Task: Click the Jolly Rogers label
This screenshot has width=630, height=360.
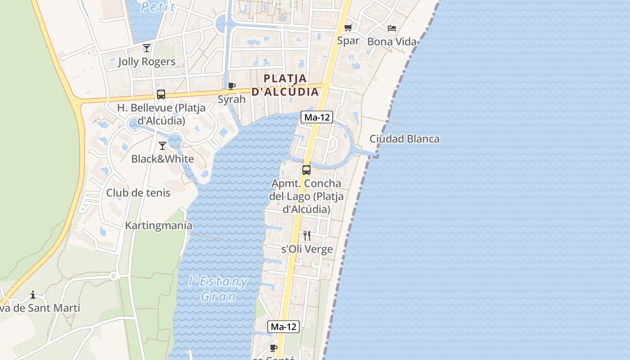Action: [147, 62]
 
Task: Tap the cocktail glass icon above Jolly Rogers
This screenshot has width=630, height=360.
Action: [147, 48]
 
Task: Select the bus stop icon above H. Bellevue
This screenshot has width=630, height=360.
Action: [161, 94]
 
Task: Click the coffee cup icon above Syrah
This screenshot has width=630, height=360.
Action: [232, 86]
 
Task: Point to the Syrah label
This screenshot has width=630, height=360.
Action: [232, 99]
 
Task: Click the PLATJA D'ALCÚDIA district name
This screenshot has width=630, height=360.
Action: [285, 85]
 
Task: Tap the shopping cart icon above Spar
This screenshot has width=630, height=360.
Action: [348, 28]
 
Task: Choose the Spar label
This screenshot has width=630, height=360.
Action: [348, 40]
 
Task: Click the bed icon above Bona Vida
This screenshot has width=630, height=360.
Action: [392, 28]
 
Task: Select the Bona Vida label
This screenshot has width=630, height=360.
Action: [392, 42]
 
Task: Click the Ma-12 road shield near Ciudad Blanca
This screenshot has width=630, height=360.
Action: [317, 117]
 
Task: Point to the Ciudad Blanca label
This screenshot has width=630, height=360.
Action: [405, 139]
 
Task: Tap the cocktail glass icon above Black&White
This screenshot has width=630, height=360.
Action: [162, 146]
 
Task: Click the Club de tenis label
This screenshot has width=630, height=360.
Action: [138, 193]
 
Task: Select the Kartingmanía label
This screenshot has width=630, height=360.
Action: [159, 225]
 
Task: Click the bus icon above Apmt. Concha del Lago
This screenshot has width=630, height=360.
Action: [306, 170]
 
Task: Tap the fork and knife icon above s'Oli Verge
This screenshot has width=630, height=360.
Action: [307, 236]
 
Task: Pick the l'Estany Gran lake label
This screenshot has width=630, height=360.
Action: [218, 289]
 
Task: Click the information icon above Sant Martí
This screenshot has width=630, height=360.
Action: [33, 295]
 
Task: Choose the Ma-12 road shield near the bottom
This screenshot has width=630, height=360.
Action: [283, 327]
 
